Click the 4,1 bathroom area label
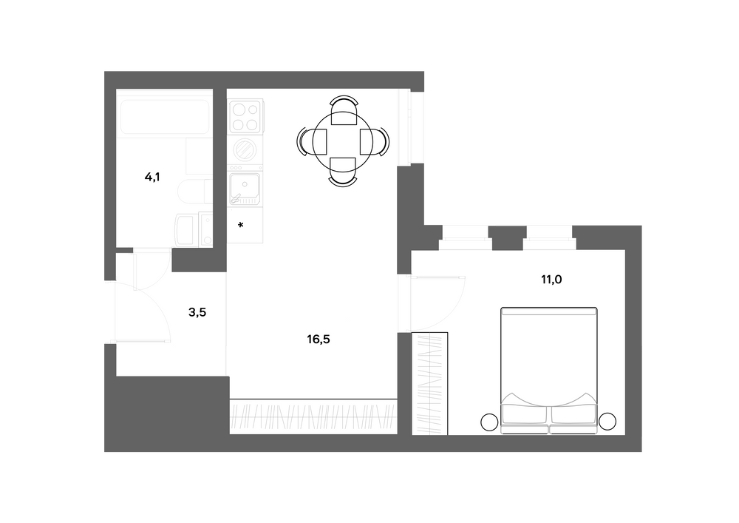point(152,178)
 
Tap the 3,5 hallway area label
point(197,312)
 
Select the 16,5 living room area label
point(318,339)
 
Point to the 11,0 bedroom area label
point(551,280)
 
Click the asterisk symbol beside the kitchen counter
point(241,226)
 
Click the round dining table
point(343,141)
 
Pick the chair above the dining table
point(344,110)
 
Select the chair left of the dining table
point(312,141)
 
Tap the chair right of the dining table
point(375,141)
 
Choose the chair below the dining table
point(343,172)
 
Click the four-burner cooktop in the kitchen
point(245,116)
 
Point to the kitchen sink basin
point(245,187)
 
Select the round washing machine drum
point(245,150)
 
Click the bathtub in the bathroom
point(165,116)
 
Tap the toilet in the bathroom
point(194,192)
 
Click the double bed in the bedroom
point(549,371)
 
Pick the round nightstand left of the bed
point(490,422)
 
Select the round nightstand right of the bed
point(607,421)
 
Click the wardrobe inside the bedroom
point(430,383)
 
